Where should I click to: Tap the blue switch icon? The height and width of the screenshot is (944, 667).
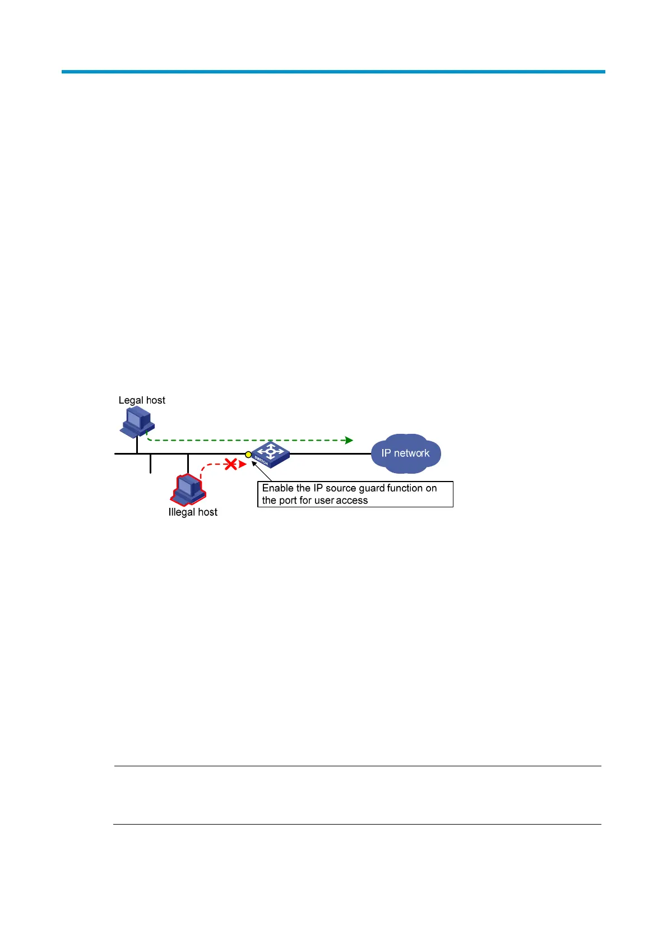[x=271, y=454]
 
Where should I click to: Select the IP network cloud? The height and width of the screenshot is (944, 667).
[x=406, y=453]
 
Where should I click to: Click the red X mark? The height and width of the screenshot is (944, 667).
[x=230, y=464]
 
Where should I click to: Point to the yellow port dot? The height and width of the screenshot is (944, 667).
[x=248, y=455]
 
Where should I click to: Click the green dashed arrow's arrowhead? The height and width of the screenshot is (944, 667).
[x=349, y=440]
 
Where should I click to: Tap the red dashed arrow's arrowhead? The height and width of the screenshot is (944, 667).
[x=242, y=464]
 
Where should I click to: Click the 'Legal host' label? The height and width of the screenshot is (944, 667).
[x=142, y=400]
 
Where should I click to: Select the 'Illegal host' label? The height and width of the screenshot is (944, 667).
[x=193, y=512]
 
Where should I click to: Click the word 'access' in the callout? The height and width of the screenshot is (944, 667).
[x=351, y=501]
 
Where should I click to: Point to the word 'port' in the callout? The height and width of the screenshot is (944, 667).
[x=288, y=501]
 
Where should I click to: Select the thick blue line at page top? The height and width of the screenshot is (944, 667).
[x=333, y=72]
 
